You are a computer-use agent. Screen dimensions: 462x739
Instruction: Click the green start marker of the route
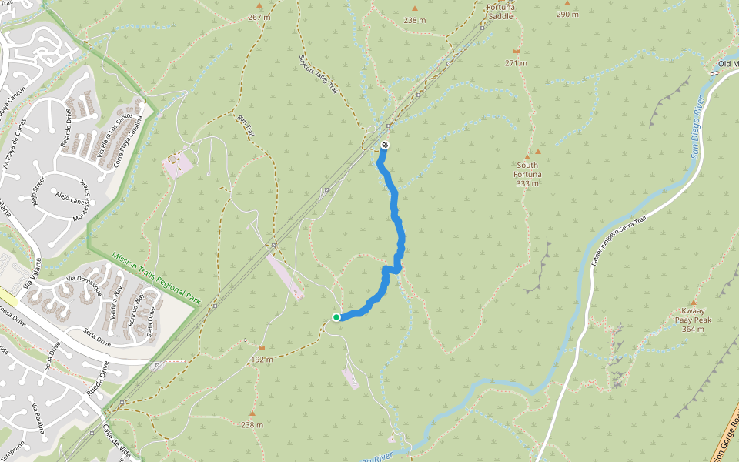click(336, 317)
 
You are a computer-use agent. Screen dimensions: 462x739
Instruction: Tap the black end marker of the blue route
click(385, 145)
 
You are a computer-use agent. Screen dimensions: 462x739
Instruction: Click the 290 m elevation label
click(567, 15)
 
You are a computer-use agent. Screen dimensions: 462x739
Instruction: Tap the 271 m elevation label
click(516, 63)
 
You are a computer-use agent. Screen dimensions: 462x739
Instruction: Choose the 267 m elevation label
click(259, 17)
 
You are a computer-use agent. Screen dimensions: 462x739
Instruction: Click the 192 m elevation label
click(262, 360)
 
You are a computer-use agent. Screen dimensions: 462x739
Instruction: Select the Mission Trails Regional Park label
click(156, 280)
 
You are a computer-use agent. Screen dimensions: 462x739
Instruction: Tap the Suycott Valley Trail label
click(319, 75)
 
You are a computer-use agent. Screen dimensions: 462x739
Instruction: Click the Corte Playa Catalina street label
click(129, 142)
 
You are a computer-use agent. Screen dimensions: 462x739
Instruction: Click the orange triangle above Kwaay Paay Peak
click(694, 303)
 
